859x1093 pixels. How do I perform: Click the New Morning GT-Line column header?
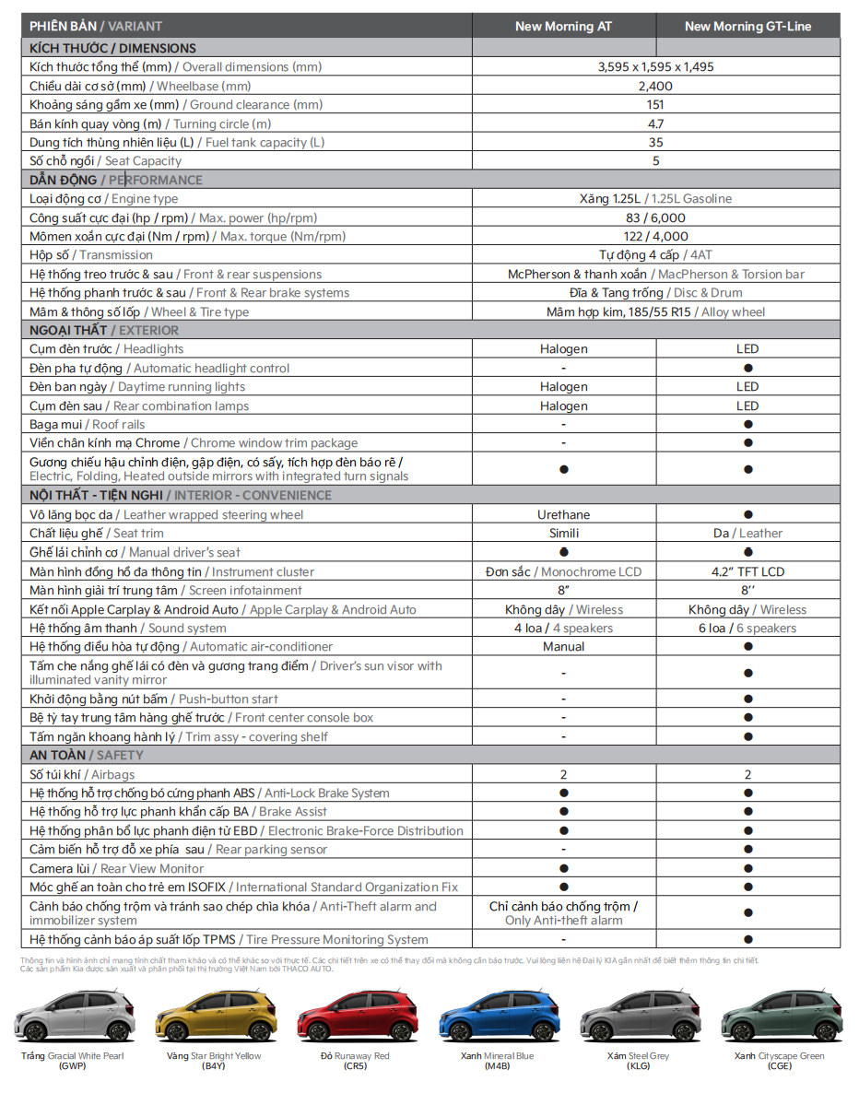747,27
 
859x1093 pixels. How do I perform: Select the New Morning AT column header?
563,27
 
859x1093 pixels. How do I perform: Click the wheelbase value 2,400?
655,86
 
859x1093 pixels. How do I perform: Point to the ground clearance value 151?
655,105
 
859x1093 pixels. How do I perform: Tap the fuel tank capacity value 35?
655,143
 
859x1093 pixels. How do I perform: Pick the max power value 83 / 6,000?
655,217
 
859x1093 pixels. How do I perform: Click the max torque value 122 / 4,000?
655,237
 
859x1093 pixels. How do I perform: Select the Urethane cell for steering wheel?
563,515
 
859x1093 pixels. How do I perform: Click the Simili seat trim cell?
563,534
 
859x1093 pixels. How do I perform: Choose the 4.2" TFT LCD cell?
747,572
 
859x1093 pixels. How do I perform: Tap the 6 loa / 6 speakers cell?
747,629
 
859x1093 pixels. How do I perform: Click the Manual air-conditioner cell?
563,647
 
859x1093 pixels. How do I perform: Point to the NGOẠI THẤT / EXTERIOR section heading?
104,330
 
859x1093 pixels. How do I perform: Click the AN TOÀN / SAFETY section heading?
87,756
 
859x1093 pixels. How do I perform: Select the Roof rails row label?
88,425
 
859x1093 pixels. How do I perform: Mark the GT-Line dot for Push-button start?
747,699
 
